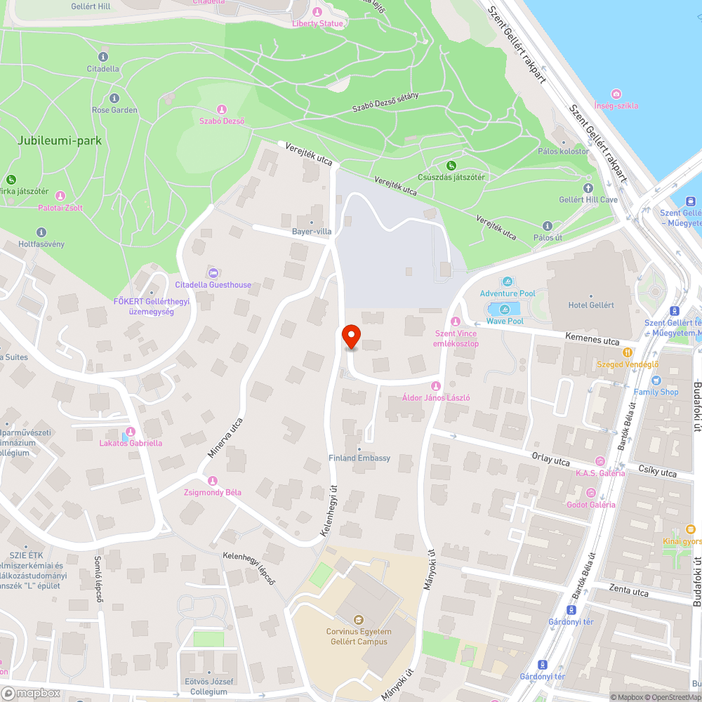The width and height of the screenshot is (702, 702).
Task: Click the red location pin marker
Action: coord(350,336)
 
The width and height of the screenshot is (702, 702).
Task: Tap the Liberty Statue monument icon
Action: coord(317,12)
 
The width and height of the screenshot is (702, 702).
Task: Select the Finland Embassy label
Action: coord(359,458)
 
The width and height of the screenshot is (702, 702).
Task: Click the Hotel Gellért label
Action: coord(591,305)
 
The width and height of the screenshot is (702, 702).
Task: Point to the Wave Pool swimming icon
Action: coord(505,310)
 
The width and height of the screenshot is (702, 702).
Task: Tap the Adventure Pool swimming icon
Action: coord(508,282)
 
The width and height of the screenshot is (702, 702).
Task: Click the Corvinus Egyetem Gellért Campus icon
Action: coord(359,619)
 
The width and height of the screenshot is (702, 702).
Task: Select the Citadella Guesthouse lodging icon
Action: coord(213,272)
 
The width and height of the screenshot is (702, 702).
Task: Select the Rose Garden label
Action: coord(114,110)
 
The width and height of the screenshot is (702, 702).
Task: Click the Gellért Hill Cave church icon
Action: coord(588,188)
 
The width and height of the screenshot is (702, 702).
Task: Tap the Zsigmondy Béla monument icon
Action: coord(213,480)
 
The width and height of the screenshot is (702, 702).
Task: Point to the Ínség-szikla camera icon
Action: coord(616,94)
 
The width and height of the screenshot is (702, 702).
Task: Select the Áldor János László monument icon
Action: coord(436,385)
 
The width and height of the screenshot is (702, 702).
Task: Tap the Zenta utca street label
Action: coord(629,592)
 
